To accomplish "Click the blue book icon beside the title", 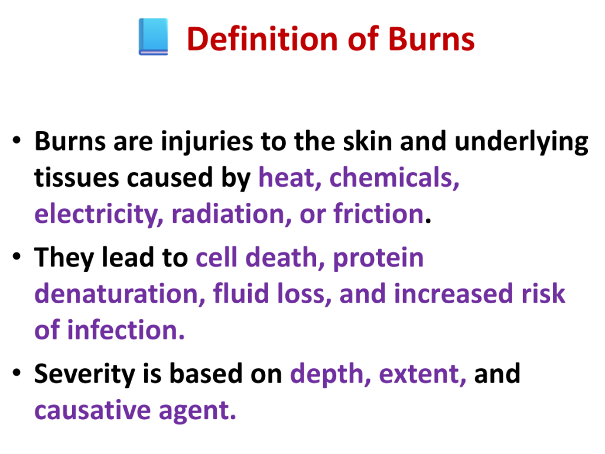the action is coord(153,37).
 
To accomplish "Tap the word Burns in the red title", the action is coord(431,39).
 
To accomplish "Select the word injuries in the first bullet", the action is coord(207,141).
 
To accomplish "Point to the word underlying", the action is coord(521,141).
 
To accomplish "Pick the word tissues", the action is coord(76,177).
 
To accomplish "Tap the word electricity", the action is coord(99,214).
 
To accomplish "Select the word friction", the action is coord(379,213).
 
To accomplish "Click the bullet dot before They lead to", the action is coord(17,257).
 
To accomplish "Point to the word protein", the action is coord(378,258).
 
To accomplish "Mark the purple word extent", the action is coord(422,374).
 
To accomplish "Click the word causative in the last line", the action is coord(93,410).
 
